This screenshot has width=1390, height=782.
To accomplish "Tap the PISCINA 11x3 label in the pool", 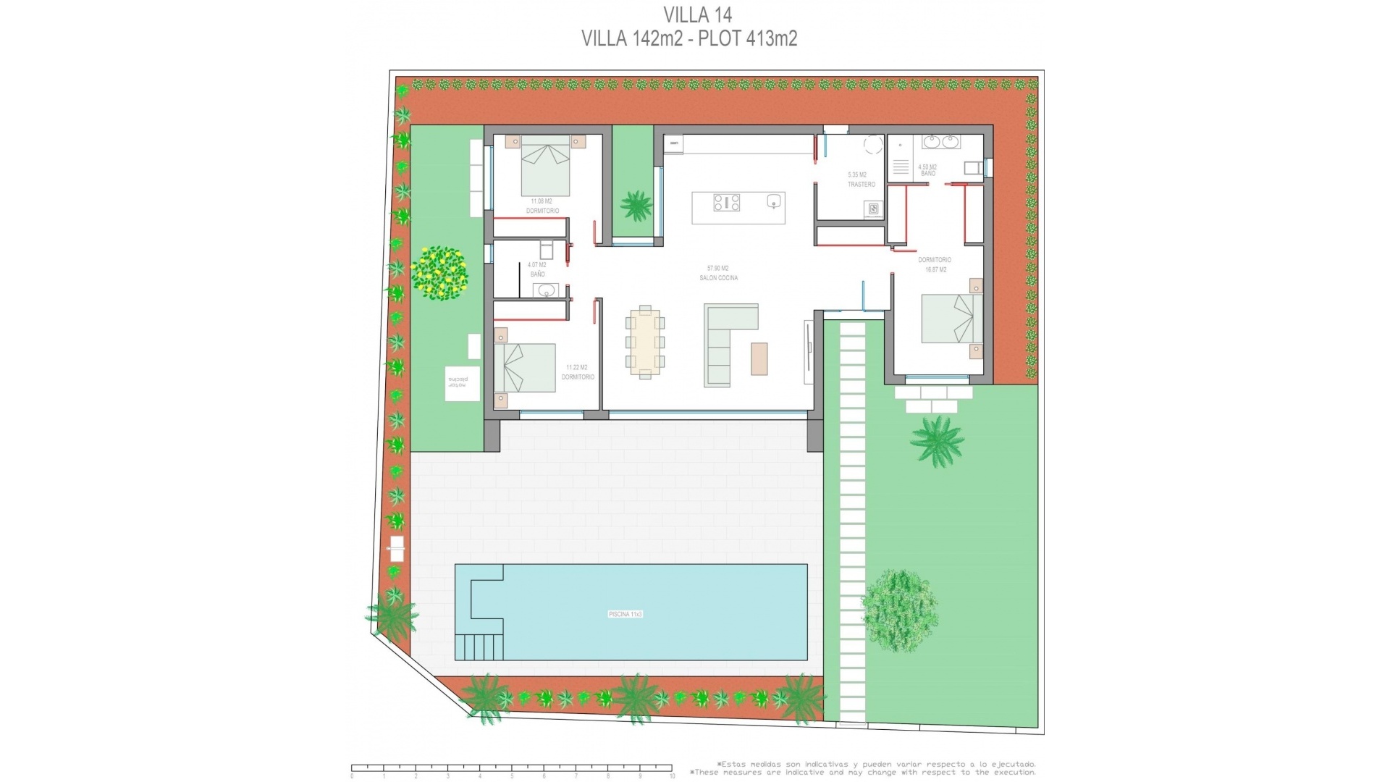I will pos(625,614).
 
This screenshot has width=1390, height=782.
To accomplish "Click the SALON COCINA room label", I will pos(718,274).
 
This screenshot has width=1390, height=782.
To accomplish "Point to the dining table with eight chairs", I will pos(644,342).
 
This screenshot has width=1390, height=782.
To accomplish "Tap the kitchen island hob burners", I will pos(726,202).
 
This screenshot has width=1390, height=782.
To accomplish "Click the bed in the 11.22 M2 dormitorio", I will pos(523,368).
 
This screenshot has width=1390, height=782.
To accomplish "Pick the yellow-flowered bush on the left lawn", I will pos(439,273).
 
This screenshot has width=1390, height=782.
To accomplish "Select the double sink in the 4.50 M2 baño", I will pos(940,142).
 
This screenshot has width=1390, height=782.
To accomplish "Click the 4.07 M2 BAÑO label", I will pos(537,269).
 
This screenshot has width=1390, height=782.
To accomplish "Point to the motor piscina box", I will pos(461,383).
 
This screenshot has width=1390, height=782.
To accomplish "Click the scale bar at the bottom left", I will pos(512,768).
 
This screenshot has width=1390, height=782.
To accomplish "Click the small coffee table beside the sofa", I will pos(759,358).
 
